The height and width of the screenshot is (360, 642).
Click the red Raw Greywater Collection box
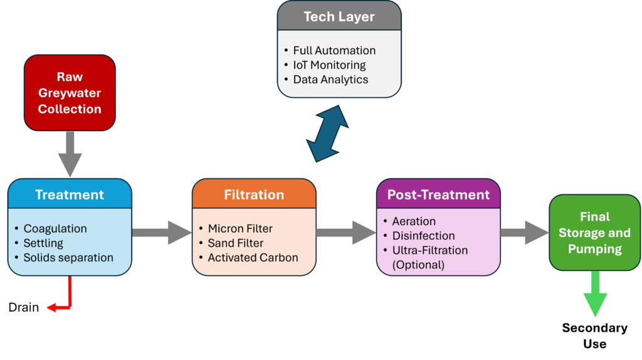click(70, 93)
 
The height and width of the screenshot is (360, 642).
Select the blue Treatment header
click(70, 194)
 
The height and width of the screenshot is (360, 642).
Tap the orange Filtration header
click(254, 194)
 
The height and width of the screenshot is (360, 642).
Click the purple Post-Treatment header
click(438, 194)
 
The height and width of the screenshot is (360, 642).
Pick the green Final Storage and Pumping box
click(594, 233)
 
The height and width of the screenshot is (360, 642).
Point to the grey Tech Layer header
click(339, 17)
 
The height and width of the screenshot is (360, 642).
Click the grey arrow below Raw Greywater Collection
click(70, 154)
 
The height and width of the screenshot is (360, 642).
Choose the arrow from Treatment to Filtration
click(162, 233)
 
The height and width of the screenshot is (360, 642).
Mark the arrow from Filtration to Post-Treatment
click(346, 233)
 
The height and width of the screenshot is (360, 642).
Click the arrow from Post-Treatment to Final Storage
click(524, 233)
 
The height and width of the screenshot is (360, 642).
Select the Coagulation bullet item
click(55, 228)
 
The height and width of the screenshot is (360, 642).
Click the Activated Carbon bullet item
click(253, 257)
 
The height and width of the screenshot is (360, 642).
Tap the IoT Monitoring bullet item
click(329, 65)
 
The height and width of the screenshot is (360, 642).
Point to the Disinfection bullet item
click(423, 235)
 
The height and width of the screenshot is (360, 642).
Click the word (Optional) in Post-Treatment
click(418, 265)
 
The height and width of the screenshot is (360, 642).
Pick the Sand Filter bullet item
click(236, 243)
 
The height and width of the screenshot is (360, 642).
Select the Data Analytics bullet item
click(330, 80)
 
